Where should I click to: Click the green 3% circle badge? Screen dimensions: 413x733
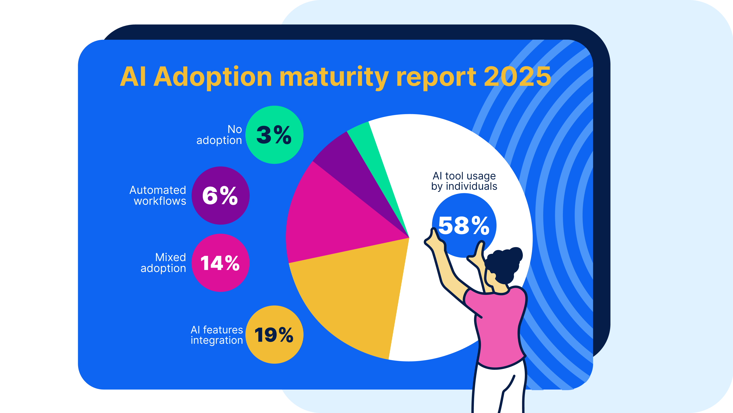point(274,135)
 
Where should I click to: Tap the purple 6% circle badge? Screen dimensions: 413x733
point(220,196)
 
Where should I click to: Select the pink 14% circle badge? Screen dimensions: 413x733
point(220,263)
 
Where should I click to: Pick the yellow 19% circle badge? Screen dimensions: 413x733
point(274,334)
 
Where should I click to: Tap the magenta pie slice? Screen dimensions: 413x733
point(332,218)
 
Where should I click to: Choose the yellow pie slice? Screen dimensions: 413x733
point(352,295)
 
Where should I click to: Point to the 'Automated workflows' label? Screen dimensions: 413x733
point(158,196)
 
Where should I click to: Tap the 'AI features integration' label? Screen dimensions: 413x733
point(217,335)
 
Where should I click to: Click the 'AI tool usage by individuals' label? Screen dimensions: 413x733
point(464,181)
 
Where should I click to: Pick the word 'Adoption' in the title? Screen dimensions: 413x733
point(213,77)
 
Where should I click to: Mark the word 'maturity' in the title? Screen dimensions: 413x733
point(334,77)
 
